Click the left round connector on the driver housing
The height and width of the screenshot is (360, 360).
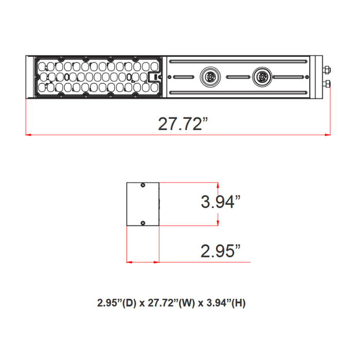point(210,77)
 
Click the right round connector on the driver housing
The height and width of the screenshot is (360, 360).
point(261,77)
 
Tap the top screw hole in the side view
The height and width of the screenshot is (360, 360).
point(143,185)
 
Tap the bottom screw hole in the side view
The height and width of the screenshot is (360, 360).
point(143,222)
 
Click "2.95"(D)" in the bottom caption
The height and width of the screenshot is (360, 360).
point(116,303)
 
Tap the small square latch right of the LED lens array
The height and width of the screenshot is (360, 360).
point(153,77)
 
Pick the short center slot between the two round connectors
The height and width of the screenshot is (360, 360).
point(236,77)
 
